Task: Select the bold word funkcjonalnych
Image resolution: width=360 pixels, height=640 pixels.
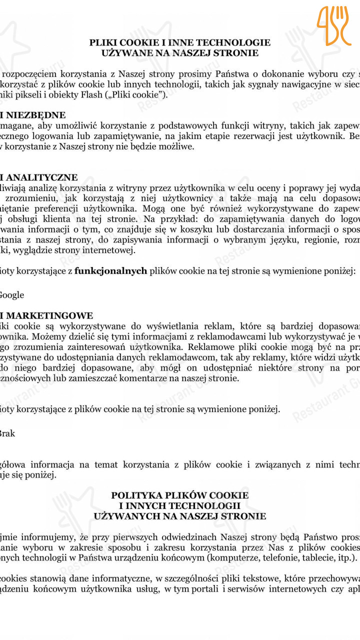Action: (x=110, y=271)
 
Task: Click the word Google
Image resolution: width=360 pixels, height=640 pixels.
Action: (x=11, y=295)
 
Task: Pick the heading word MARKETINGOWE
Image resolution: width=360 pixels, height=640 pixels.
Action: (x=49, y=316)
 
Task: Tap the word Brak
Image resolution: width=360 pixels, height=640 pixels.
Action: (x=7, y=433)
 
